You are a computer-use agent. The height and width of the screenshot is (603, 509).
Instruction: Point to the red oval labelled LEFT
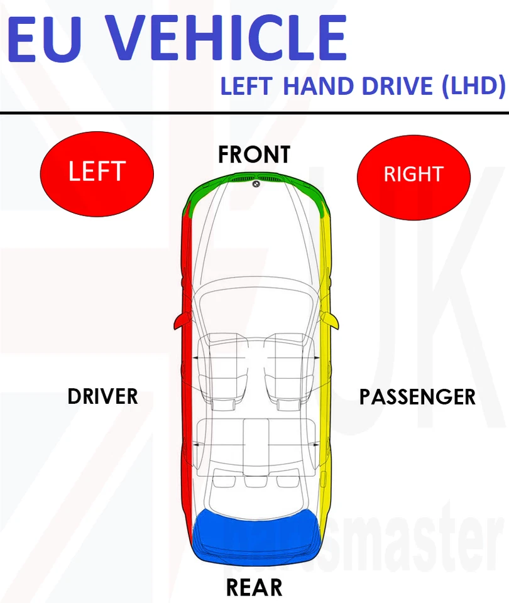tap(97, 171)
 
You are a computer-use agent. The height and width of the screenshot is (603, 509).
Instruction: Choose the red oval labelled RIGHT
tap(413, 174)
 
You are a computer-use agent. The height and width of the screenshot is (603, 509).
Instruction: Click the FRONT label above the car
tap(254, 155)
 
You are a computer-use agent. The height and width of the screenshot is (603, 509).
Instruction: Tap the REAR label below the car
tap(254, 587)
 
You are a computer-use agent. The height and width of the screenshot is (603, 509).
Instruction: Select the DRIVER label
tap(102, 396)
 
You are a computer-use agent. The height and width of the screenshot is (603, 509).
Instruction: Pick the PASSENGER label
tap(417, 396)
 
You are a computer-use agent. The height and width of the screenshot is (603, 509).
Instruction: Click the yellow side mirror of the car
tap(331, 321)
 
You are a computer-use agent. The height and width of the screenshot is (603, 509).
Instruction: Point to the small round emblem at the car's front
tap(256, 184)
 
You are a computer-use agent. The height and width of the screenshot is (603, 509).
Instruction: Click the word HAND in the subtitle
tap(319, 86)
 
